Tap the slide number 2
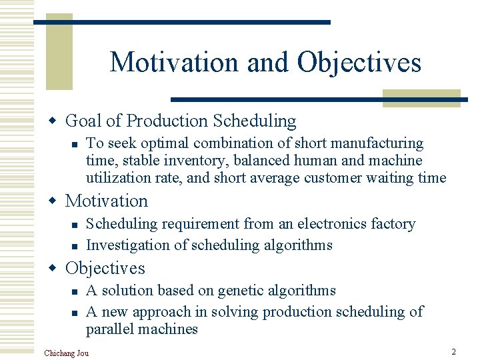[453, 351]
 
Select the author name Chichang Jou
[66, 352]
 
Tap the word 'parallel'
[108, 329]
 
